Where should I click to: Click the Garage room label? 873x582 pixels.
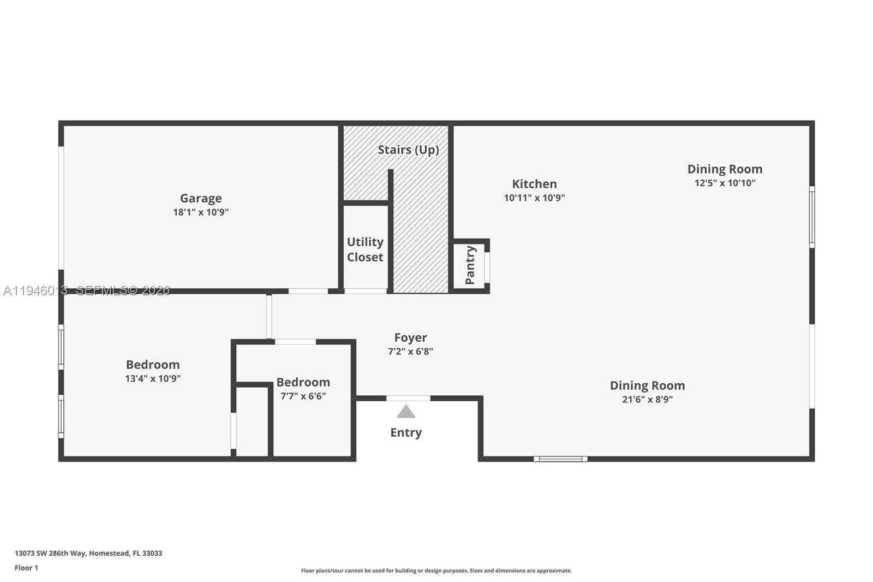201,198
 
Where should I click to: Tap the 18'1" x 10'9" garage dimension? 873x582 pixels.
201,212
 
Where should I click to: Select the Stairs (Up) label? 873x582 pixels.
408,150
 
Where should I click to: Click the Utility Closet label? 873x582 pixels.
365,250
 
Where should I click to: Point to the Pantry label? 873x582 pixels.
470,265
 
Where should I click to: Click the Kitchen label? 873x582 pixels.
534,184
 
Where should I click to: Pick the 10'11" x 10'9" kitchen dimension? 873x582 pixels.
534,198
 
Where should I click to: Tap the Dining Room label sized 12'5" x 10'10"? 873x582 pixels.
725,169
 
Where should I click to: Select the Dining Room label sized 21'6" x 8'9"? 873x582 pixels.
647,385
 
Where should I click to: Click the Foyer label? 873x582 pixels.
410,338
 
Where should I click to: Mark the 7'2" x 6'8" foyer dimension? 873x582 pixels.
410,352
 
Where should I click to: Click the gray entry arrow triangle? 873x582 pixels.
405,412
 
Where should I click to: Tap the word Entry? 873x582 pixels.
405,432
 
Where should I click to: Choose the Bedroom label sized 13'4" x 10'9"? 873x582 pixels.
153,365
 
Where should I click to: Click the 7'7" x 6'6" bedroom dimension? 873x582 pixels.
303,396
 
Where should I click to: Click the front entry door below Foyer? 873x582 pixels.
408,398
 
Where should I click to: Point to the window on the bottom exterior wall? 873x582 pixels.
560,459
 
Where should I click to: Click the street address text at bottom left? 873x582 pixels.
88,553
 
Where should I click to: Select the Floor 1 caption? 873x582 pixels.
26,568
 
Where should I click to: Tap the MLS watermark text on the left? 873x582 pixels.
87,291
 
